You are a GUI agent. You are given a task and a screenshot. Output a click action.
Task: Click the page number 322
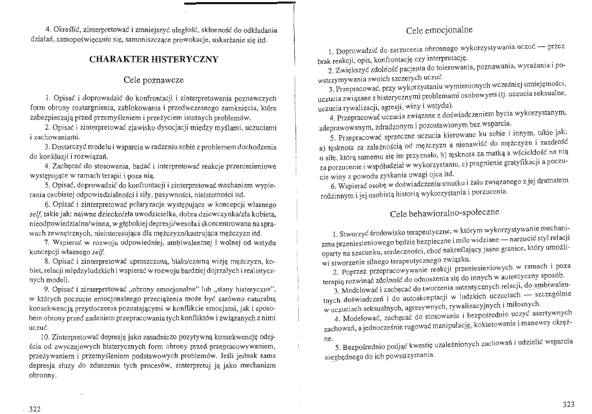[35, 409]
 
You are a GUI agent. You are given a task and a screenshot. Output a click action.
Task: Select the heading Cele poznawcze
[154, 80]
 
